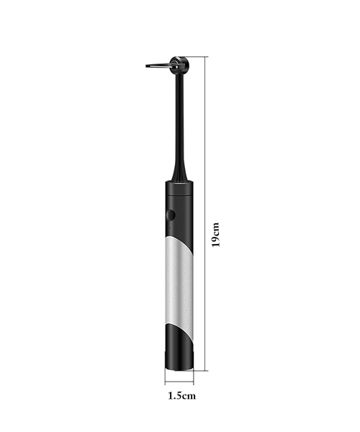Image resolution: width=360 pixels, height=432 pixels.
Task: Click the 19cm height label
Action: [x=215, y=233]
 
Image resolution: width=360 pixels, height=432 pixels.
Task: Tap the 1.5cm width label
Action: [x=180, y=395]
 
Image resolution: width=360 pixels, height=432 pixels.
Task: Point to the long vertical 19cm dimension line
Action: [x=207, y=216]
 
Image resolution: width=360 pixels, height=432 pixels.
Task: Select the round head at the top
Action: [x=176, y=63]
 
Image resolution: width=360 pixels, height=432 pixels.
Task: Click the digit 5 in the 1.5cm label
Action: [x=178, y=395]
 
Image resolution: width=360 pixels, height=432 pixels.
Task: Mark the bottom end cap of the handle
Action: [x=179, y=366]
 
